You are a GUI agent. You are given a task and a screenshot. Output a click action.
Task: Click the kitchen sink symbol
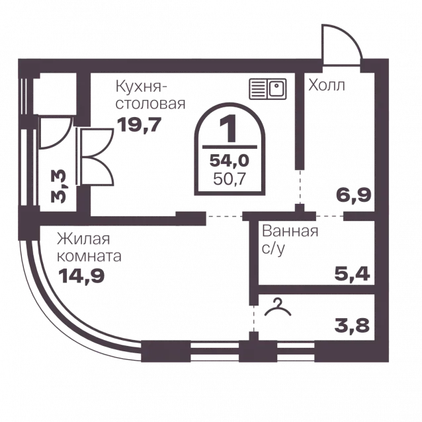268,89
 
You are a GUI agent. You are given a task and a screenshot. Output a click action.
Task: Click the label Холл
327,85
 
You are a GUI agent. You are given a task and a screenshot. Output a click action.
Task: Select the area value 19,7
139,125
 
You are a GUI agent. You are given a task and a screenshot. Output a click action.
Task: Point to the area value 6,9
354,195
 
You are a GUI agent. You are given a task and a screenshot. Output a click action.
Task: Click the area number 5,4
353,274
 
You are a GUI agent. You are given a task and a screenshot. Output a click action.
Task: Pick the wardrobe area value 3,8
353,325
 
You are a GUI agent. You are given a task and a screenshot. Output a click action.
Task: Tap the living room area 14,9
81,276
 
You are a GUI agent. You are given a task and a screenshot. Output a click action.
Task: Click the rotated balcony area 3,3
58,186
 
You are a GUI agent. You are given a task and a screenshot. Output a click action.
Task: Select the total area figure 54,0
230,161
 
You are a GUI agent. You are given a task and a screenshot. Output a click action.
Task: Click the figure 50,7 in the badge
230,179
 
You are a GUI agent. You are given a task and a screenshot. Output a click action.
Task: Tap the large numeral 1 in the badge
228,128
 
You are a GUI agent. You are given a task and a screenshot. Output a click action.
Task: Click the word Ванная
290,232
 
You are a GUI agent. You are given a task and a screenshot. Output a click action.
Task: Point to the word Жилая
83,239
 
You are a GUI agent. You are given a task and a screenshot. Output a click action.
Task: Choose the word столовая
150,104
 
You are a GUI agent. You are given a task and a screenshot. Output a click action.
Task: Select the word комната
89,256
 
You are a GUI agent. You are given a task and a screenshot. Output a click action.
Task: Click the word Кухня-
142,87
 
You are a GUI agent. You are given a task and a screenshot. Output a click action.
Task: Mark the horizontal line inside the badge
230,147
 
